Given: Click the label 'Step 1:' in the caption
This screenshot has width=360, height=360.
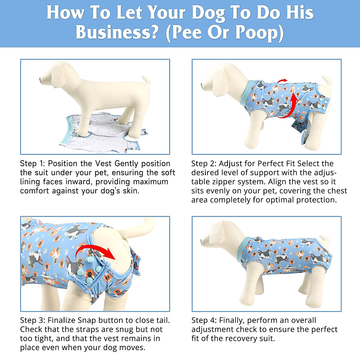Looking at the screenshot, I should click(32, 164).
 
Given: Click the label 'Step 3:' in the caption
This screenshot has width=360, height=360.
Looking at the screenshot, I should click(32, 320).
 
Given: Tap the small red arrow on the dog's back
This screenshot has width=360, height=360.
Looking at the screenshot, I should click(282, 81).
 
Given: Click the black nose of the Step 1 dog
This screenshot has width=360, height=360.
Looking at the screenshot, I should click(41, 80).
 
